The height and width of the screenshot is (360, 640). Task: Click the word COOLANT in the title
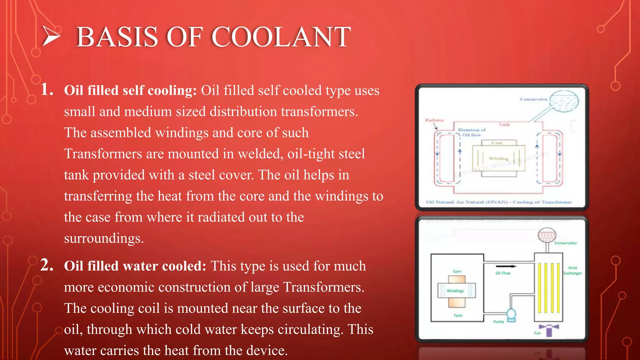pyautogui.click(x=281, y=37)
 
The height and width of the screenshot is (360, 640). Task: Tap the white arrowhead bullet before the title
pyautogui.click(x=51, y=36)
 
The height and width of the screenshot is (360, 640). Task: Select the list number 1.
pyautogui.click(x=47, y=89)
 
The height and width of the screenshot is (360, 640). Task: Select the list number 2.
pyautogui.click(x=47, y=265)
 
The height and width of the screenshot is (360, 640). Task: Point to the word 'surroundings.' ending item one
pyautogui.click(x=104, y=238)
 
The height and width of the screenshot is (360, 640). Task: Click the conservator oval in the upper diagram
pyautogui.click(x=564, y=101)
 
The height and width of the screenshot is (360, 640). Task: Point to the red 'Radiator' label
pyautogui.click(x=434, y=120)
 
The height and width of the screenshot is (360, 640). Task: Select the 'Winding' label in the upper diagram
pyautogui.click(x=498, y=158)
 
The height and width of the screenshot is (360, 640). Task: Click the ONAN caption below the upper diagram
pyautogui.click(x=499, y=202)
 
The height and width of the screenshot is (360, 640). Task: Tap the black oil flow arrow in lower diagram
pyautogui.click(x=506, y=266)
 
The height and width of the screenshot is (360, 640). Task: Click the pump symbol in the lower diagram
pyautogui.click(x=511, y=315)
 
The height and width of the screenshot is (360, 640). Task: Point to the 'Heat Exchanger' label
pyautogui.click(x=572, y=270)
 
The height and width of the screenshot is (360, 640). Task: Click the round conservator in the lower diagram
pyautogui.click(x=547, y=236)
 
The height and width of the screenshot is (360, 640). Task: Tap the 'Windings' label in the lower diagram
pyautogui.click(x=455, y=291)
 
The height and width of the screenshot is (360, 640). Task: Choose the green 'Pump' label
pyautogui.click(x=498, y=322)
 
